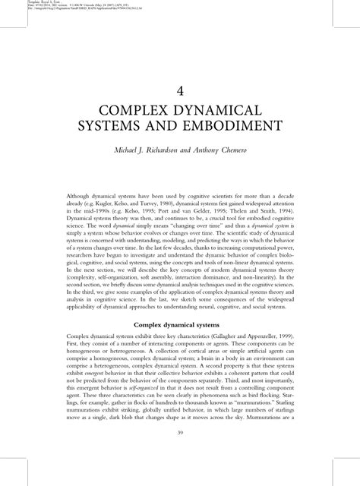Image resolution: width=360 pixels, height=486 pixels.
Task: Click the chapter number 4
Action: coord(179,90)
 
